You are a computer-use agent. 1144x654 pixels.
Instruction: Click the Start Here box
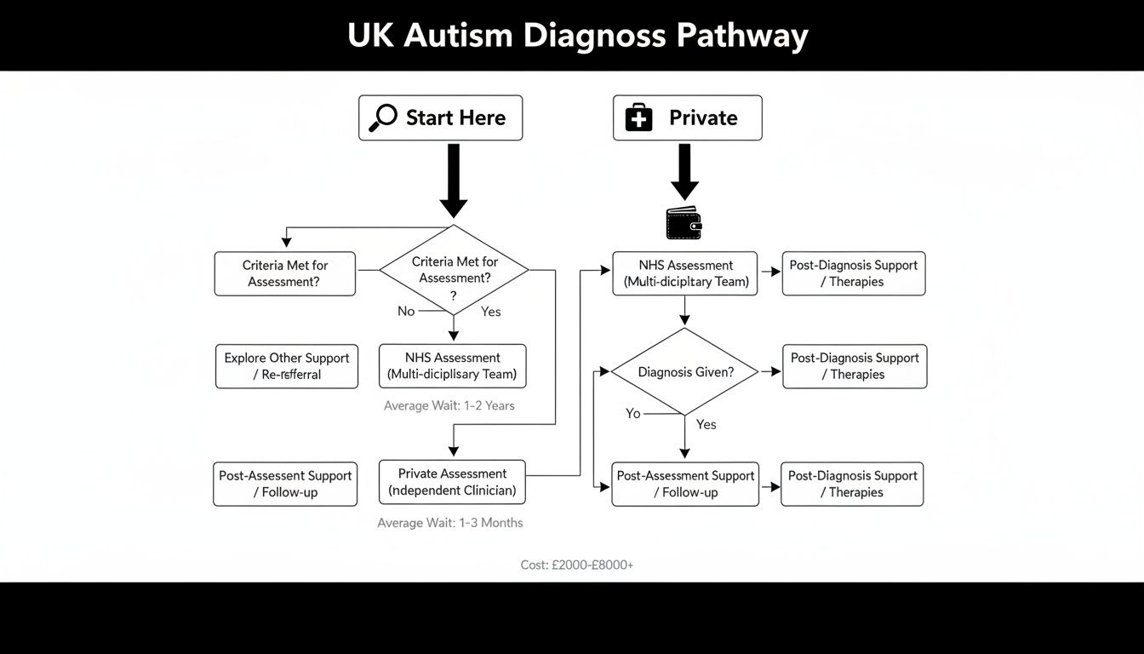[440, 118]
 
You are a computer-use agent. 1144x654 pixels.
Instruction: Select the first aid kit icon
[638, 118]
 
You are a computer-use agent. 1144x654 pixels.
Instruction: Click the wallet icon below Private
[684, 223]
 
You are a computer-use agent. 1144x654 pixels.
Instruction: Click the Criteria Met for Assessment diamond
[454, 271]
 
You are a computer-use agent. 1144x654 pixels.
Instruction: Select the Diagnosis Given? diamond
[685, 371]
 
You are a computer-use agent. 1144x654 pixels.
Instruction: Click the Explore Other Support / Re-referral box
[287, 366]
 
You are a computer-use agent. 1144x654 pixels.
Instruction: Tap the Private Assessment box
[452, 482]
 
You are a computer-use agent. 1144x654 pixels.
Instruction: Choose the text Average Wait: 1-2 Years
[449, 405]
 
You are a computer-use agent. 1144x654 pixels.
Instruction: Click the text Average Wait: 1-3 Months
[450, 523]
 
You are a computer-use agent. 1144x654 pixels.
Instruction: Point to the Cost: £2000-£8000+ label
[576, 565]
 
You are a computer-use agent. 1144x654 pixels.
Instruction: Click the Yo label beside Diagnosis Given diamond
[632, 413]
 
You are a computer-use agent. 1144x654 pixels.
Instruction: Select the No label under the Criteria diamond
[406, 311]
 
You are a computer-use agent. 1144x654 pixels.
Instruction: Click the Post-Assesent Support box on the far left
[285, 484]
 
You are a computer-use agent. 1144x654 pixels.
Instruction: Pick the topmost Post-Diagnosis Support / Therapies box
[854, 273]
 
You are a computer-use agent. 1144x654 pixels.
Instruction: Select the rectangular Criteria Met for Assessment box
[284, 273]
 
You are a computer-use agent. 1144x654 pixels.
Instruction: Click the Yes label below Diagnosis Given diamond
[706, 424]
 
